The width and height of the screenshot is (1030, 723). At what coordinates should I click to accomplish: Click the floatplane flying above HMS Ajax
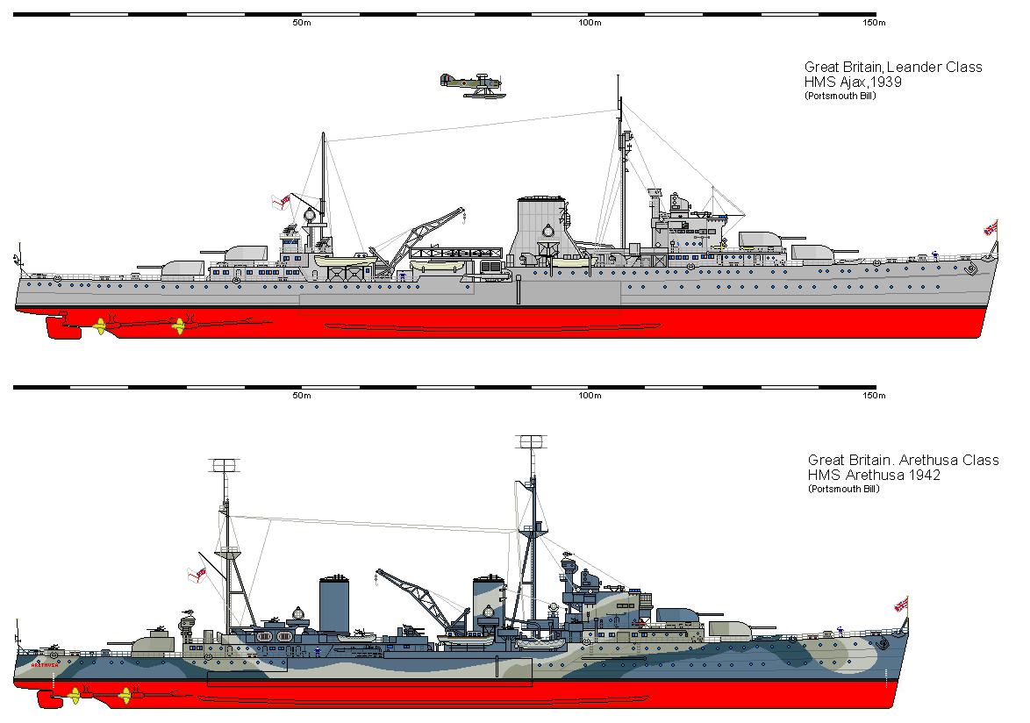(x=472, y=86)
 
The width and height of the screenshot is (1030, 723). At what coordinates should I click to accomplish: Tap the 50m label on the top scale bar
(x=302, y=23)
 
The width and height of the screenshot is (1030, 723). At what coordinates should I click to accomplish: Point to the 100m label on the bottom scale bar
(x=590, y=396)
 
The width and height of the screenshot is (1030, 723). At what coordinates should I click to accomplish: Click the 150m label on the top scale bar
(x=875, y=23)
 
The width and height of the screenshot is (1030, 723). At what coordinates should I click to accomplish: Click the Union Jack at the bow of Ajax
(x=991, y=228)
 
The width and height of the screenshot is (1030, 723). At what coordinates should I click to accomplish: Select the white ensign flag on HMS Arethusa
(x=197, y=576)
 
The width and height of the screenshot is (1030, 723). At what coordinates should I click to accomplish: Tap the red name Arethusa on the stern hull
(x=45, y=664)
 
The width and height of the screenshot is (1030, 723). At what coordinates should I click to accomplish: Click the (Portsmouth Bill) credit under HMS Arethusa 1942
(x=843, y=490)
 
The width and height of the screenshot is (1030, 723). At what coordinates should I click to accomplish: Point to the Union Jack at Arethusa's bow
(x=901, y=605)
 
